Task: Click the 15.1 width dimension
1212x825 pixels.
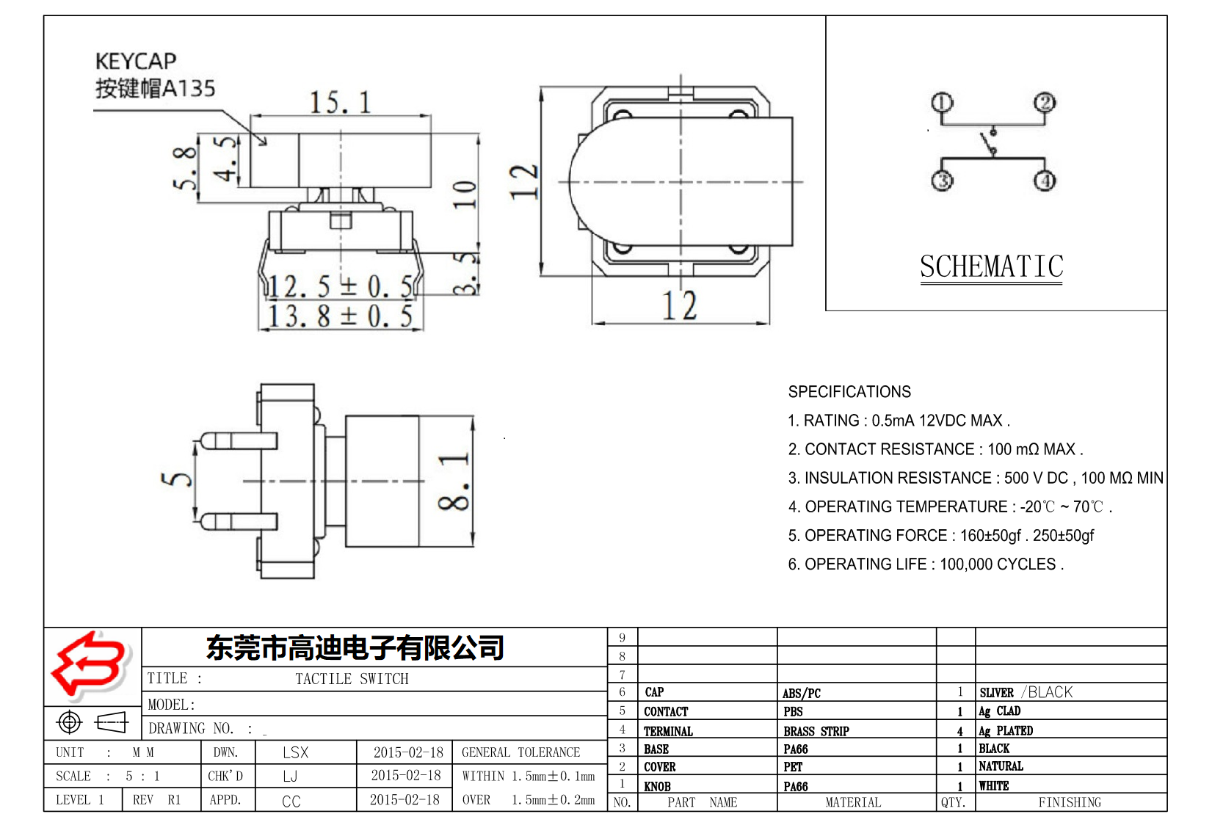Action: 339,103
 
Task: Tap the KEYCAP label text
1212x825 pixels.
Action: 136,61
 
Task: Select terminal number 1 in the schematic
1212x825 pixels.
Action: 942,102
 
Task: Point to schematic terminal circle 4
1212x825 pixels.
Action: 1045,181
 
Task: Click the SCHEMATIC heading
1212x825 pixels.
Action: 991,266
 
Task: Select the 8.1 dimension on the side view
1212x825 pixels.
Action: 454,481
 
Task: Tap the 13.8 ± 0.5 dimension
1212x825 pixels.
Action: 339,317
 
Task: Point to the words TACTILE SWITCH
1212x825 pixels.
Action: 352,679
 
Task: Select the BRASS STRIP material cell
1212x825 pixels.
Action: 816,731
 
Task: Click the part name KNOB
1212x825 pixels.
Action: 657,786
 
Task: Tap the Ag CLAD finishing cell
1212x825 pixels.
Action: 1000,711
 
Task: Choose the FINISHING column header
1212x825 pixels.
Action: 1070,802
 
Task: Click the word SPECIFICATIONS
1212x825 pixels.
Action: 849,392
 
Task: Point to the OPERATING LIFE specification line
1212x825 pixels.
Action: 925,564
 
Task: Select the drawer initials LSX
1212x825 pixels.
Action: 295,752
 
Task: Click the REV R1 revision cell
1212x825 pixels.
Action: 156,799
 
